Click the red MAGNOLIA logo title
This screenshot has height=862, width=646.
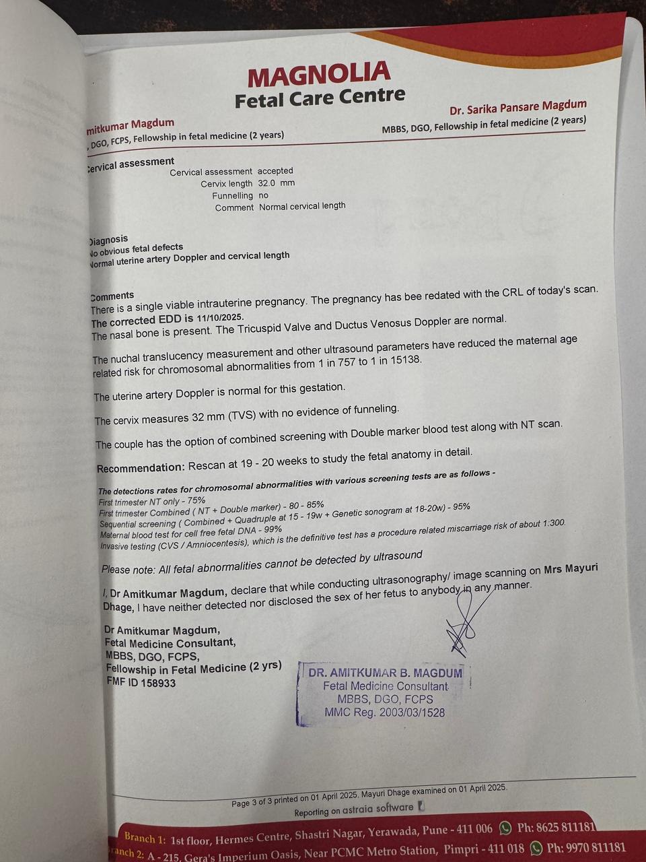(x=318, y=75)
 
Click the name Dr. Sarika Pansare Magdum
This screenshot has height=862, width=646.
(x=517, y=106)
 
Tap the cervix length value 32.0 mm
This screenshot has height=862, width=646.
(x=277, y=183)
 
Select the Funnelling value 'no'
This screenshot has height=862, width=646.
(x=263, y=195)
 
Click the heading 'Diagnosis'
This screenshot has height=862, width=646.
(x=108, y=240)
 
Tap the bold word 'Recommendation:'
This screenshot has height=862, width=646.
(x=140, y=468)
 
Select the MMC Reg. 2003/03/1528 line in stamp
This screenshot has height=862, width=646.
(x=384, y=712)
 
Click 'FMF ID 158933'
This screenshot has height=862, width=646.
(x=141, y=683)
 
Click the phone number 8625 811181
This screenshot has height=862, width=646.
(x=557, y=827)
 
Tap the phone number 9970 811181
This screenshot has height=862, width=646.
(x=586, y=848)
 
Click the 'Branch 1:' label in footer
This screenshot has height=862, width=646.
(x=145, y=837)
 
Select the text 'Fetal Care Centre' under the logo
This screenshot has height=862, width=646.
(x=320, y=98)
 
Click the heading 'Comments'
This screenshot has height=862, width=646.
(x=112, y=296)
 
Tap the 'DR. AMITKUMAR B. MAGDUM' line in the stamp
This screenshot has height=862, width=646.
(x=385, y=673)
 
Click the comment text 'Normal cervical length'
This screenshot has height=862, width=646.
(x=302, y=206)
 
